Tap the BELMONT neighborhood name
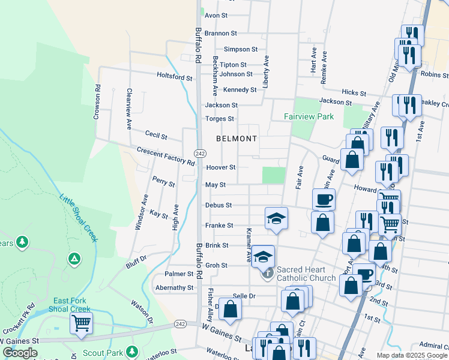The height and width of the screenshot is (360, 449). pyautogui.click(x=237, y=139)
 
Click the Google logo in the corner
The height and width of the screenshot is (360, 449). pyautogui.click(x=20, y=353)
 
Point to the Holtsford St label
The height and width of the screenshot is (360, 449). pyautogui.click(x=174, y=77)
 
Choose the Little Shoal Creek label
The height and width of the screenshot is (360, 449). pyautogui.click(x=78, y=217)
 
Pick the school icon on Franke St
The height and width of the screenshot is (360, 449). pyautogui.click(x=276, y=218)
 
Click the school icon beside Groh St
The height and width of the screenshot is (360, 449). pyautogui.click(x=263, y=257)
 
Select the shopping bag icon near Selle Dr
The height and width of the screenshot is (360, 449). pyautogui.click(x=230, y=310)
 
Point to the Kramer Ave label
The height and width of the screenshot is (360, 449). pyautogui.click(x=248, y=245)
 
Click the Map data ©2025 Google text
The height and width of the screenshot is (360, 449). pyautogui.click(x=412, y=355)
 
